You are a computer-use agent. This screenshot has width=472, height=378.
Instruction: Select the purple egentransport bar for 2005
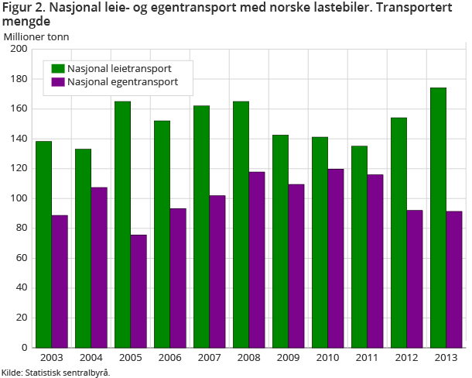pyautogui.click(x=139, y=291)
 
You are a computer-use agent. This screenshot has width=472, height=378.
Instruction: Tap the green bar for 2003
pyautogui.click(x=43, y=244)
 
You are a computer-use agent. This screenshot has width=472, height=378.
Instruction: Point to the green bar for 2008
pyautogui.click(x=241, y=225)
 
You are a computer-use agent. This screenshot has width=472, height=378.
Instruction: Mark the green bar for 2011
pyautogui.click(x=359, y=246)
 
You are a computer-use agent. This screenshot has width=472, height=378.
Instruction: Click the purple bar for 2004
pyautogui.click(x=99, y=267)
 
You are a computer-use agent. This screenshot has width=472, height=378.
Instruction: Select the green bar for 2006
pyautogui.click(x=162, y=234)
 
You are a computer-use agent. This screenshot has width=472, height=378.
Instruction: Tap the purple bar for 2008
pyautogui.click(x=257, y=259)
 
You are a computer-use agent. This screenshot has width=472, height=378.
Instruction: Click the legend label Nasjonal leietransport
pyautogui.click(x=119, y=68)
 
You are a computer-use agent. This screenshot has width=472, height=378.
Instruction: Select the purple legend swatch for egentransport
pyautogui.click(x=58, y=82)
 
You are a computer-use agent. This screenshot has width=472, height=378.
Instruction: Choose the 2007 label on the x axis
pyautogui.click(x=209, y=356)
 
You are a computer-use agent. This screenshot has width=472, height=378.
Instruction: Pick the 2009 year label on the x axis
pyautogui.click(x=288, y=356)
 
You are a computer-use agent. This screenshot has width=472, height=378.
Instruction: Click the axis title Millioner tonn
pyautogui.click(x=36, y=36)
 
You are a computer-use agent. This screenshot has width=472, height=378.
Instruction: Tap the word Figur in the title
pyautogui.click(x=17, y=9)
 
